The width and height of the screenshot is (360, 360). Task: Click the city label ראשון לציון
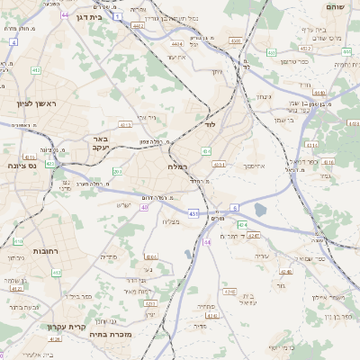click(36, 104)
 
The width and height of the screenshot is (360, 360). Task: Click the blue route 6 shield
click(234, 207)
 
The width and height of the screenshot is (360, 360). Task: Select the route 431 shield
click(194, 213)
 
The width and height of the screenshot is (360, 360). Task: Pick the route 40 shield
click(144, 207)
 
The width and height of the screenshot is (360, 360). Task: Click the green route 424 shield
click(241, 224)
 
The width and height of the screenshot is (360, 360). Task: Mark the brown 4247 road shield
click(254, 237)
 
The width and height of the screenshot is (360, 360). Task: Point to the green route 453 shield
click(272, 53)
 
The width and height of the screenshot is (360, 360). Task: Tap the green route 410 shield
click(19, 242)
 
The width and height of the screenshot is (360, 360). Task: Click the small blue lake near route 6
click(261, 210)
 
